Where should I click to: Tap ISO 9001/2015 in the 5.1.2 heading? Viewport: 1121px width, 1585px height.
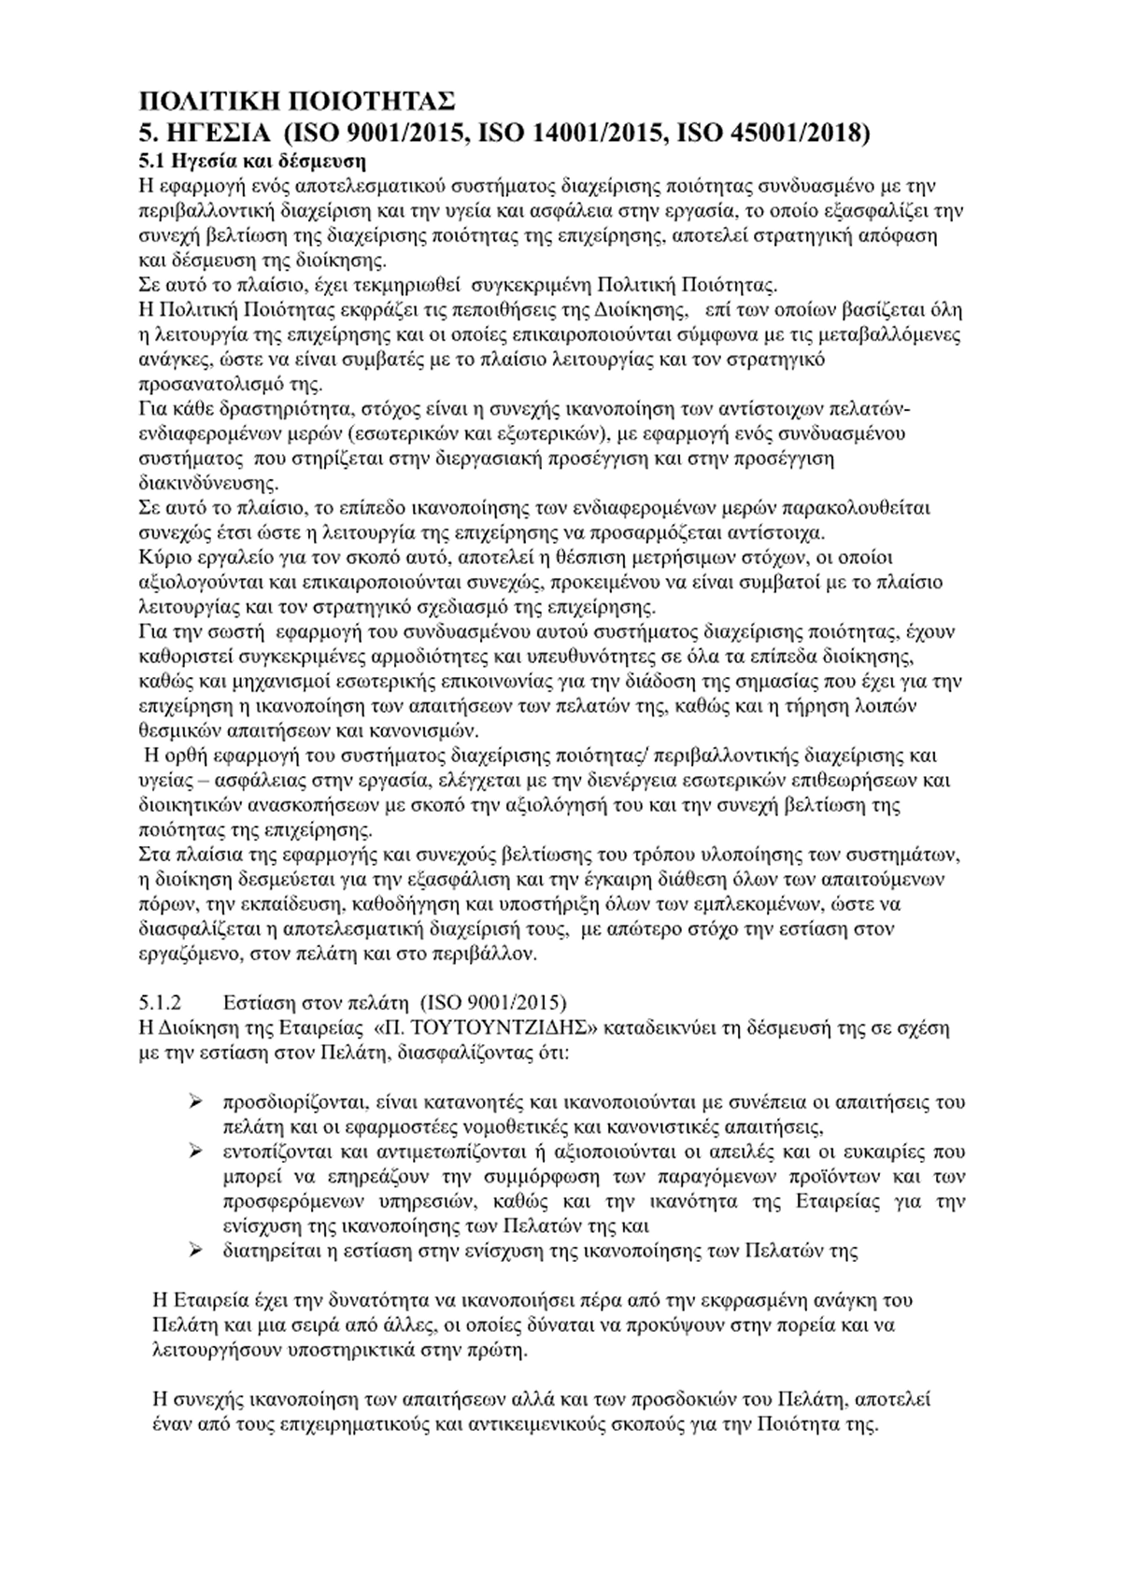click(x=493, y=1003)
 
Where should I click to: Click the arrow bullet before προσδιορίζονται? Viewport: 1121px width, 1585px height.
click(x=197, y=1102)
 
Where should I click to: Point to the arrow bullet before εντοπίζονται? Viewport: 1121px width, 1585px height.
click(x=197, y=1150)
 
